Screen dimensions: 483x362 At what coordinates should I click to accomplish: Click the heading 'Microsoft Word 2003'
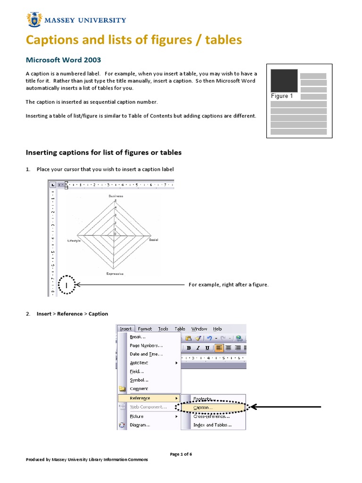[x=63, y=60]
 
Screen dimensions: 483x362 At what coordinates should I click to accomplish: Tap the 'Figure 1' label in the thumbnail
[x=281, y=96]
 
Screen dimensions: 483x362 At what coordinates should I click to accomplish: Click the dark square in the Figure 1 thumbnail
[x=284, y=81]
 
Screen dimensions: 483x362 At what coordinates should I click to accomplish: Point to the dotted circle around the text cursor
[x=67, y=285]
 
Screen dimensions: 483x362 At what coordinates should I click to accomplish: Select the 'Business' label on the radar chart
[x=115, y=196]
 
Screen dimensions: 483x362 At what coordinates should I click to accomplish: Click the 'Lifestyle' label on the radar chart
[x=74, y=241]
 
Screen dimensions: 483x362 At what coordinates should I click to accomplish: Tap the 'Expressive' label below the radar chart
[x=115, y=274]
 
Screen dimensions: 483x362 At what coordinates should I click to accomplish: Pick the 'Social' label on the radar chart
[x=154, y=240]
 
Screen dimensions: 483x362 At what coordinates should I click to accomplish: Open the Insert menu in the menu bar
[x=126, y=329]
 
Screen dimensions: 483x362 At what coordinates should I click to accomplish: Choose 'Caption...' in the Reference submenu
[x=203, y=407]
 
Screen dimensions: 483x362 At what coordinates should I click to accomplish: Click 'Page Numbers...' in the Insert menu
[x=146, y=345]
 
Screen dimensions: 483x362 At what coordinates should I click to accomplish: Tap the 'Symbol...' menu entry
[x=139, y=380]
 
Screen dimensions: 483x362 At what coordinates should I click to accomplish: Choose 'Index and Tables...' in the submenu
[x=212, y=425]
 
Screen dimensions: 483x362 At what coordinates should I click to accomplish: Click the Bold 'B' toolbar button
[x=189, y=348]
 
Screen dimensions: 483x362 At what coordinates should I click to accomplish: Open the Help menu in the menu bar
[x=217, y=329]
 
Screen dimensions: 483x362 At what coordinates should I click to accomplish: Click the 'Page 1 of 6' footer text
[x=181, y=454]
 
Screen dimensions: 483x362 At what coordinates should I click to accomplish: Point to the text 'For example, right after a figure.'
[x=229, y=285]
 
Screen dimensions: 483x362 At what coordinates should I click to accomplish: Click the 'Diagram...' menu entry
[x=140, y=425]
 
